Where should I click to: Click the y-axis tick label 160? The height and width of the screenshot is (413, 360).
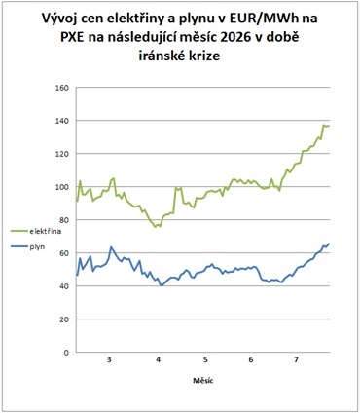pos(62,88)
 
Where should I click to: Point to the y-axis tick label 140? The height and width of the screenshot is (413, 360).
pos(62,121)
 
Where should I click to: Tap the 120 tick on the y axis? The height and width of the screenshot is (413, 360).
pos(62,154)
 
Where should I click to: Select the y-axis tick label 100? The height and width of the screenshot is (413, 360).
pos(62,187)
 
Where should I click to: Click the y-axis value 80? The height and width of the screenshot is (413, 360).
pos(64,220)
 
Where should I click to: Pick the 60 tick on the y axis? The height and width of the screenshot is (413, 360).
pos(64,253)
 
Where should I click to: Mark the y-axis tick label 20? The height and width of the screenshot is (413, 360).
pos(64,319)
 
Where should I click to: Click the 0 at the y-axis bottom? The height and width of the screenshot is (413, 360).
pos(66,353)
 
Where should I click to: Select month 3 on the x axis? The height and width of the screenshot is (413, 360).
pos(110,360)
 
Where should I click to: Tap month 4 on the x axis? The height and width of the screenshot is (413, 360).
pos(159,360)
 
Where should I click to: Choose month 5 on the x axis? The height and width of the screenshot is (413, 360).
pos(205,360)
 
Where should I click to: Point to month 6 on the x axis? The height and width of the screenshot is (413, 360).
pos(251,360)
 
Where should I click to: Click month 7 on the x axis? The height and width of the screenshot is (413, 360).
pos(296,360)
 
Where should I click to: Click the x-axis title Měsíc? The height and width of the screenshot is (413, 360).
pos(203,380)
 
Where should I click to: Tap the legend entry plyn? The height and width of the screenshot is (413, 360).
pos(27,247)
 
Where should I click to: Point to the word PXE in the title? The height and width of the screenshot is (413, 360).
pos(72,38)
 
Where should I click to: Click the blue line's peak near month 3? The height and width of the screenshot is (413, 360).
pos(111,247)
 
